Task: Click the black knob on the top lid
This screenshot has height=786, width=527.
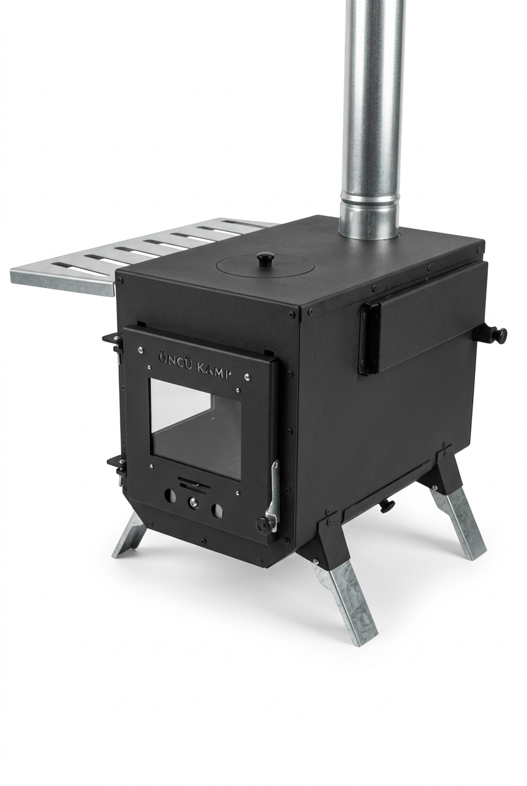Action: coord(264,260)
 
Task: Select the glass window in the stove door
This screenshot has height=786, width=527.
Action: coord(196,428)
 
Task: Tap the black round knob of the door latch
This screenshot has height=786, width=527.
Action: coord(263,525)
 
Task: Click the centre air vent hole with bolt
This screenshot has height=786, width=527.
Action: coord(193,502)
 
